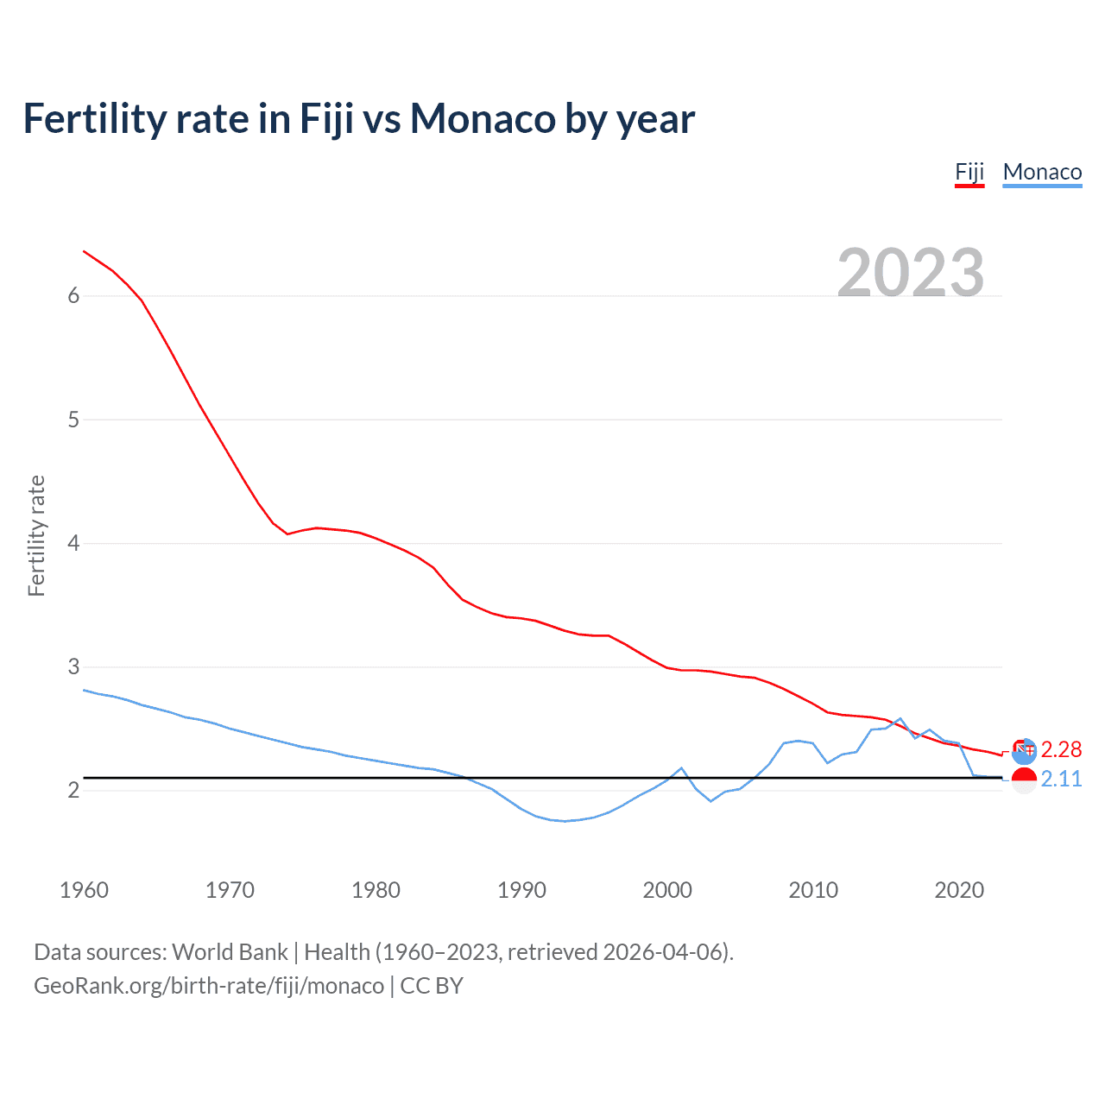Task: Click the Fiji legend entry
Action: pyautogui.click(x=969, y=172)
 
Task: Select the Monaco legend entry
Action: pyautogui.click(x=1042, y=172)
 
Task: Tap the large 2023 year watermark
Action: pyautogui.click(x=911, y=273)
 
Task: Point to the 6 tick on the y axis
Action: pyautogui.click(x=73, y=296)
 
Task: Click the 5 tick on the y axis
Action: pyautogui.click(x=73, y=420)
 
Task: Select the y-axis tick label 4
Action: pyautogui.click(x=73, y=543)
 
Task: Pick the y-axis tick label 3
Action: pyautogui.click(x=73, y=666)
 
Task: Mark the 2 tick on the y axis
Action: pyautogui.click(x=73, y=790)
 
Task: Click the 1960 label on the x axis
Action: pyautogui.click(x=84, y=890)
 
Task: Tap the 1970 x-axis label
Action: pyautogui.click(x=230, y=890)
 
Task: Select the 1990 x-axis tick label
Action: pyautogui.click(x=521, y=890)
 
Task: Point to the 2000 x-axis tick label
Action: pyautogui.click(x=667, y=890)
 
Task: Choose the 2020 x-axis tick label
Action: pyautogui.click(x=959, y=890)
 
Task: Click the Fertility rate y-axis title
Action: pyautogui.click(x=36, y=535)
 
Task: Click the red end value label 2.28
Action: pyautogui.click(x=1061, y=749)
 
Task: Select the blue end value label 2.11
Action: pyautogui.click(x=1061, y=779)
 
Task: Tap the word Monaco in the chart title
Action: pyautogui.click(x=483, y=118)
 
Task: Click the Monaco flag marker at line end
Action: pyautogui.click(x=1024, y=780)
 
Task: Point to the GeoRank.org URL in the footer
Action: pyautogui.click(x=209, y=986)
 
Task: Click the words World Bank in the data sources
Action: pyautogui.click(x=230, y=952)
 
